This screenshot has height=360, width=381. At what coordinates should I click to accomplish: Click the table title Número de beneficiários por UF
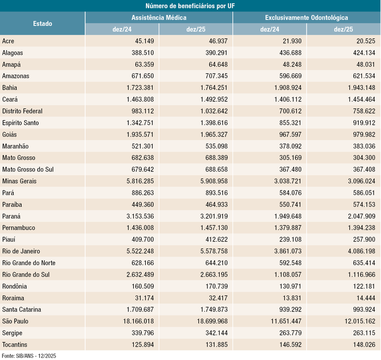[x=190, y=6]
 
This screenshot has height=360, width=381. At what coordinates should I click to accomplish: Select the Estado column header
[x=42, y=24]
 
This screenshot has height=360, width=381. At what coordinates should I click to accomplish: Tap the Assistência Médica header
[x=159, y=18]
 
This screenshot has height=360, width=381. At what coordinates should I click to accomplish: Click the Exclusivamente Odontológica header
[x=306, y=18]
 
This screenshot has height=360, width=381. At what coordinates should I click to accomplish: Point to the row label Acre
[x=9, y=41]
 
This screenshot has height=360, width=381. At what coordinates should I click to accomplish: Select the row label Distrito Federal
[x=22, y=111]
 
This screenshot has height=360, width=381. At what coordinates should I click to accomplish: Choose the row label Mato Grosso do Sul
[x=28, y=169]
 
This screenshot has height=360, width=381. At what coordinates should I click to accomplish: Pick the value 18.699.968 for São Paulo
[x=210, y=321]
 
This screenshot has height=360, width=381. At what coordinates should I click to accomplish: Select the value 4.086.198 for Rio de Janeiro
[x=358, y=251]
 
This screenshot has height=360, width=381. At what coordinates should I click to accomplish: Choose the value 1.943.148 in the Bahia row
[x=358, y=88]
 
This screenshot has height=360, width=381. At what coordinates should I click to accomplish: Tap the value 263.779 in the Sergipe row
[x=286, y=333]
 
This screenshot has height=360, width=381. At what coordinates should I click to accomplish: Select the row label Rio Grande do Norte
[x=29, y=263]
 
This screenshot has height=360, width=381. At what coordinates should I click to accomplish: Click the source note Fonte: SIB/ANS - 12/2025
[x=30, y=355]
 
